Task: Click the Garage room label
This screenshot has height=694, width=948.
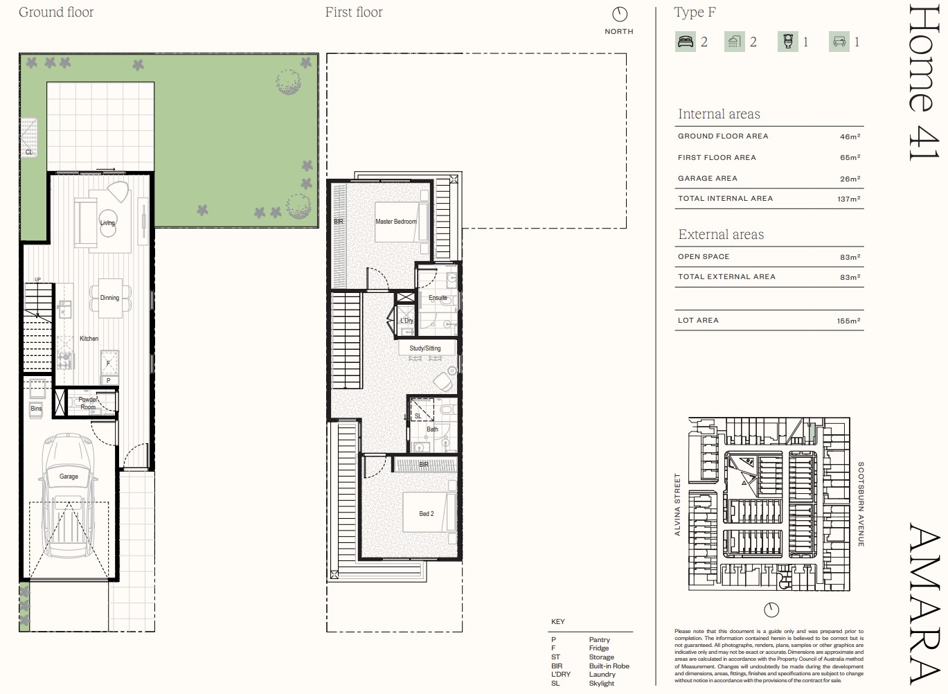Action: tap(69, 477)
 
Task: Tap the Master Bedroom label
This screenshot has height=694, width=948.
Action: tap(396, 222)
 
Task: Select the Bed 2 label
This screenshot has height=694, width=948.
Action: tap(427, 514)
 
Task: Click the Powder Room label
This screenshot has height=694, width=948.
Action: tap(88, 403)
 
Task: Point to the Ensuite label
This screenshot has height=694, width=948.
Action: tap(438, 298)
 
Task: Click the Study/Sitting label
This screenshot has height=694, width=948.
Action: tap(424, 348)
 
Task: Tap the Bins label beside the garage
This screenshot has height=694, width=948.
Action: tap(36, 409)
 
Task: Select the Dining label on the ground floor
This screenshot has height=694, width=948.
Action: tap(109, 298)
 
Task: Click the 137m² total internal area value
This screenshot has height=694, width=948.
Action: tap(849, 199)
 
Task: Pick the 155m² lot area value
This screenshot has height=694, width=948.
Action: tap(849, 321)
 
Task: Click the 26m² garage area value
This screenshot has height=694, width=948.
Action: tap(850, 179)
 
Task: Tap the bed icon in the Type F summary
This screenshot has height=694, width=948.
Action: tap(686, 42)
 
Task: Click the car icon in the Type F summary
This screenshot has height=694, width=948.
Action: tap(839, 42)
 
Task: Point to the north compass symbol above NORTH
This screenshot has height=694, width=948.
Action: tap(619, 15)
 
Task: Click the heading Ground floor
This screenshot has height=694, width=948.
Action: tap(56, 12)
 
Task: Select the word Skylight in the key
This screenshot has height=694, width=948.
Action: tap(601, 684)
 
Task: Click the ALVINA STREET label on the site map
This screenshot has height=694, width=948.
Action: tap(678, 504)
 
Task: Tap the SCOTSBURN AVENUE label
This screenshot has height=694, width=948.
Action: tap(861, 504)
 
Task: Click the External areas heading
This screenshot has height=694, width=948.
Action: tap(721, 235)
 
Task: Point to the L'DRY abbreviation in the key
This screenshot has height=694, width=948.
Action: tap(561, 675)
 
